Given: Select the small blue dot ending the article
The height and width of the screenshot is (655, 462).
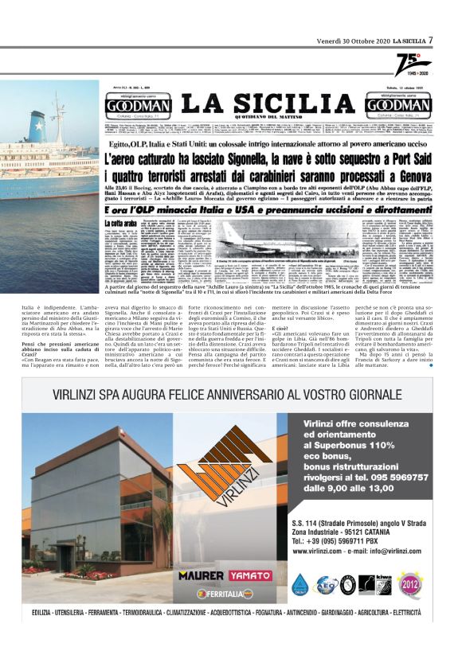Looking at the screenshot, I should pyautogui.click(x=431, y=366).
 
